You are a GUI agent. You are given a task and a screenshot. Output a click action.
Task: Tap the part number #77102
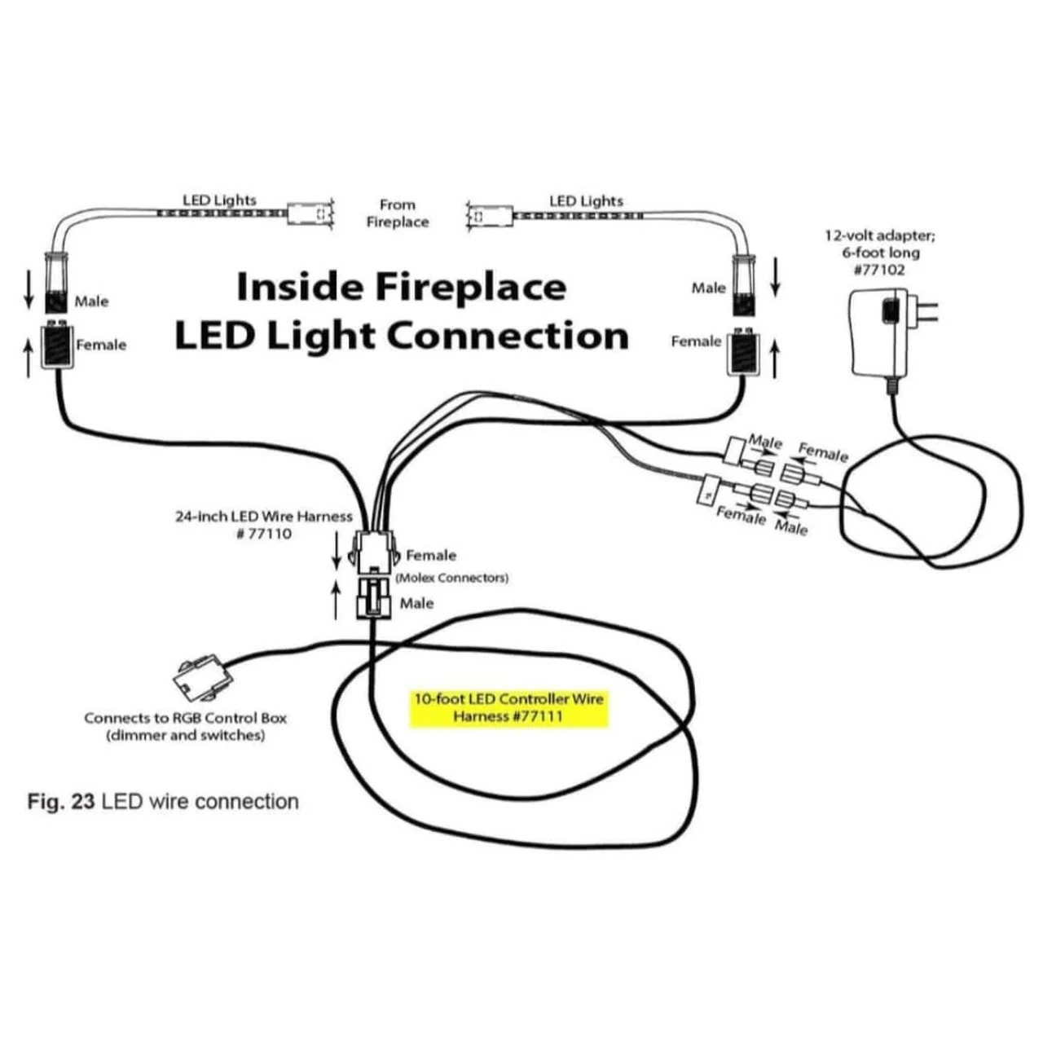click(879, 271)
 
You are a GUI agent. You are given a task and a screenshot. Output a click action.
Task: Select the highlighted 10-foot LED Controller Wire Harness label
click(509, 708)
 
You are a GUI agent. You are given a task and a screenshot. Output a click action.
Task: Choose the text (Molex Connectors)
click(451, 578)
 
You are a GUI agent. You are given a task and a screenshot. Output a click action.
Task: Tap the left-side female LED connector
click(58, 346)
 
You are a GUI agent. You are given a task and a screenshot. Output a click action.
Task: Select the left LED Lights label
click(219, 200)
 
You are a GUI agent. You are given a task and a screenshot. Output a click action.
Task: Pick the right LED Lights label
click(586, 200)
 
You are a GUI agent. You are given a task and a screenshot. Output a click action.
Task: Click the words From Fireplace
click(397, 213)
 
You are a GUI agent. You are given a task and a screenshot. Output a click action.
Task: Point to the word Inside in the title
click(299, 288)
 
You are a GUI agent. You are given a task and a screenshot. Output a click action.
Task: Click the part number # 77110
click(263, 534)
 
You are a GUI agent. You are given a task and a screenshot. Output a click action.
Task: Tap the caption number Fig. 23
click(61, 802)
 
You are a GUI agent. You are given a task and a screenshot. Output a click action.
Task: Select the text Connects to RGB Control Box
click(186, 718)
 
